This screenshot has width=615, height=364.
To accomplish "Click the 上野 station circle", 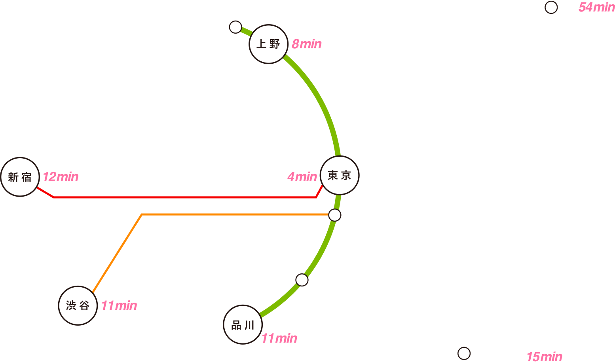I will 268,44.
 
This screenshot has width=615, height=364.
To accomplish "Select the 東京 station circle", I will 339,175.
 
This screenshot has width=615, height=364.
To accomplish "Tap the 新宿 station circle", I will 20,177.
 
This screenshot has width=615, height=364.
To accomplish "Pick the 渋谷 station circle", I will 78,305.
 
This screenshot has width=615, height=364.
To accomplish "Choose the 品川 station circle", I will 243,325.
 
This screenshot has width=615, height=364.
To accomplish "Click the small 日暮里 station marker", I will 235,27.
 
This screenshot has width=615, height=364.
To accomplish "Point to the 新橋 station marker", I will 335,215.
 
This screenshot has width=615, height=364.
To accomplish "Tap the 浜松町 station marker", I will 302,280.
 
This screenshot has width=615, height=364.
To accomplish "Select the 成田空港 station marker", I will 551,7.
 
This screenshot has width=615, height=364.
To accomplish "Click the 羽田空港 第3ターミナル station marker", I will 463,353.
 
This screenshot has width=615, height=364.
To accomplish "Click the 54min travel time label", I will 596,7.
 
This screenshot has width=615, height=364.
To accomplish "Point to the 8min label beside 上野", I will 306,44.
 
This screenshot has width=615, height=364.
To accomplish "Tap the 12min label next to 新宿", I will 61,177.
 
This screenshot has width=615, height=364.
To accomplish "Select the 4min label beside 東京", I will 302,177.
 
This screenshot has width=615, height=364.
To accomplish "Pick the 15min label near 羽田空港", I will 544,356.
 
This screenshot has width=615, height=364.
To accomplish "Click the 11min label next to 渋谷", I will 119,306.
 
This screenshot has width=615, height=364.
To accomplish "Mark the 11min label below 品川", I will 279,339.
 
